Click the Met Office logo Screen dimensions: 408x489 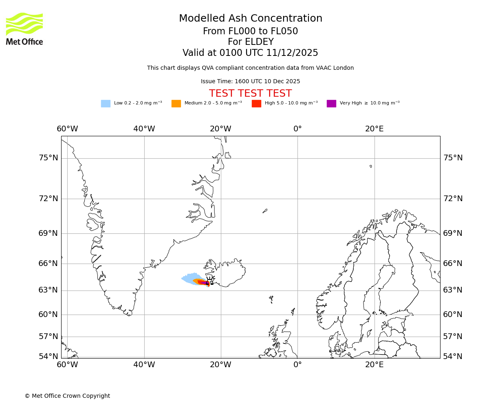[24, 29]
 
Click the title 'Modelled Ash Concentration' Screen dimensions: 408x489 [251, 19]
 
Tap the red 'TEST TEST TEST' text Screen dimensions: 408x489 [250, 93]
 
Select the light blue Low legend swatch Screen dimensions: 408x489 [106, 104]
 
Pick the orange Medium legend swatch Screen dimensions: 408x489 [176, 104]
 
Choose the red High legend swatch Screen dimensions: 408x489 [256, 104]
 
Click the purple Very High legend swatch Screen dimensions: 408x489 [331, 104]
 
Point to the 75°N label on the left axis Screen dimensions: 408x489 [48, 158]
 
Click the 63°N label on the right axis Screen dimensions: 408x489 [453, 290]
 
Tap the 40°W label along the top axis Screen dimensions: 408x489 [144, 129]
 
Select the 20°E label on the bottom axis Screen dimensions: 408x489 [374, 364]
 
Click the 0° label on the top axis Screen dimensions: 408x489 [297, 129]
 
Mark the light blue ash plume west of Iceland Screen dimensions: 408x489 [189, 278]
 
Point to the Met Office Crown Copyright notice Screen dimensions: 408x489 [67, 396]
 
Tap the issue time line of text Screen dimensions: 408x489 [250, 82]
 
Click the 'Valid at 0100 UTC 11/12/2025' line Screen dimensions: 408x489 [250, 53]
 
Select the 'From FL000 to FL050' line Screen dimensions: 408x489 [250, 31]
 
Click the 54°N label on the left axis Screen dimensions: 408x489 [48, 357]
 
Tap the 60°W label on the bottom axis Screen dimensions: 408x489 [67, 364]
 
